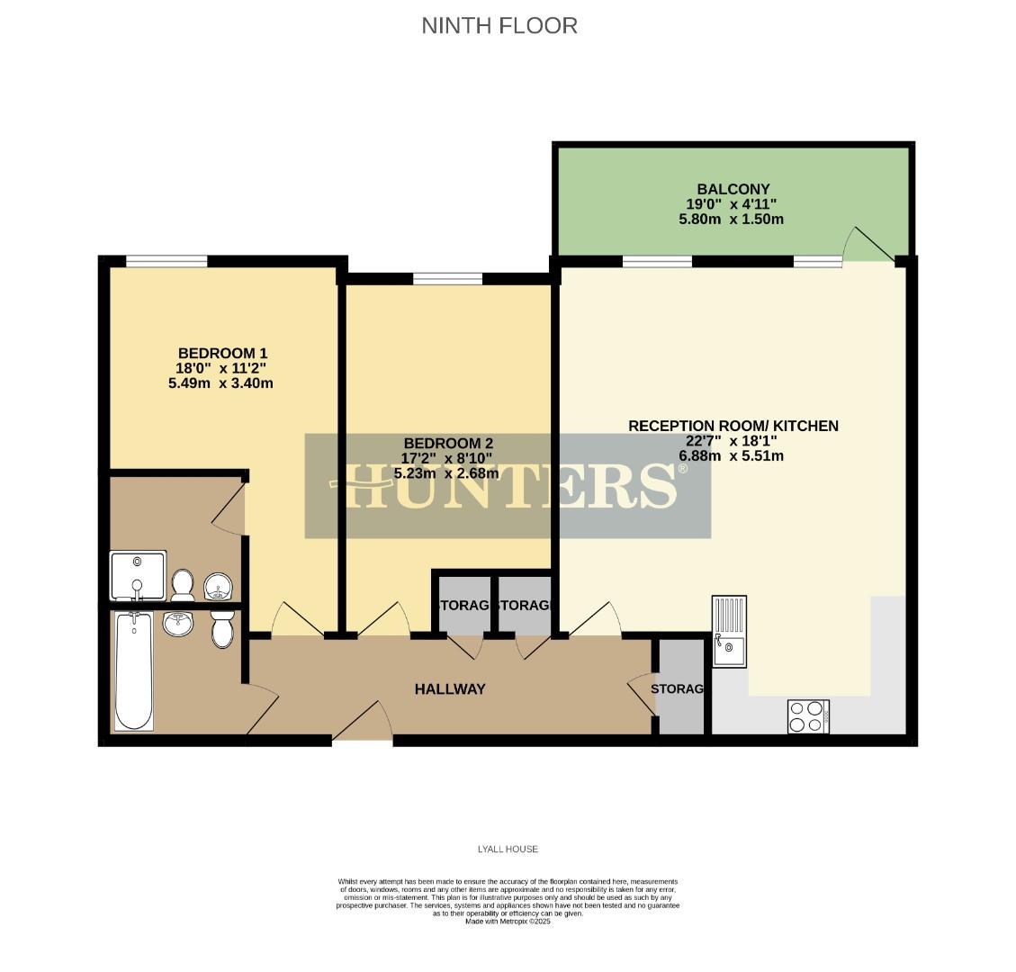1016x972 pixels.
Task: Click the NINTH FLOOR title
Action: pos(499,25)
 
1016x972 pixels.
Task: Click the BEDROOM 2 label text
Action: pos(447,443)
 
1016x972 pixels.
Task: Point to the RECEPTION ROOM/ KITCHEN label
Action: pos(733,426)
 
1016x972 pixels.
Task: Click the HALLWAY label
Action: pos(449,689)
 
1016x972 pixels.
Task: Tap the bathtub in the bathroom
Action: pos(134,670)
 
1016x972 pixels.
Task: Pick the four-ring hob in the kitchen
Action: pos(807,716)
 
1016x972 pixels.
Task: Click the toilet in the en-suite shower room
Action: pos(184,584)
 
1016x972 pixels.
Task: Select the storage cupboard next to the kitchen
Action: pos(680,688)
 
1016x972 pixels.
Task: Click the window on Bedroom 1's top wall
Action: pos(166,261)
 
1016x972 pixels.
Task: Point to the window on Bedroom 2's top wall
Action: pos(447,278)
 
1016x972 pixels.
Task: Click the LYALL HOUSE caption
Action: pos(508,849)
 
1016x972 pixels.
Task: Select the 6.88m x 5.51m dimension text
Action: pos(730,456)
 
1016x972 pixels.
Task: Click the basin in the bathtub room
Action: pos(179,623)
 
